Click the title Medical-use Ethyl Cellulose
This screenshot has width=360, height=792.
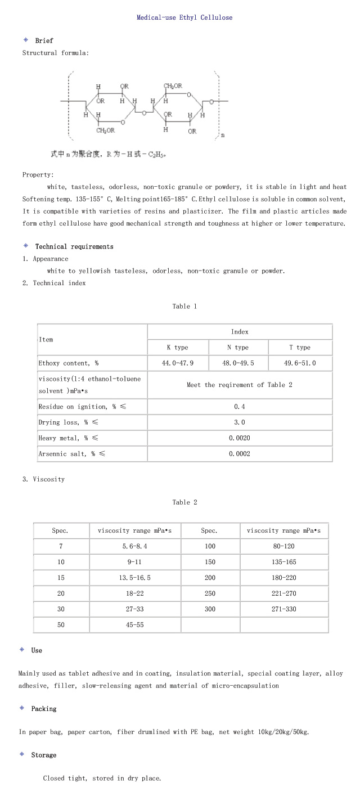click(x=184, y=17)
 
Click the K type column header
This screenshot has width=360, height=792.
click(x=177, y=348)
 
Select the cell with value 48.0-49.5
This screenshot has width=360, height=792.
click(x=238, y=363)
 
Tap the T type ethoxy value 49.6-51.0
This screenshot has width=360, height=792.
click(x=300, y=363)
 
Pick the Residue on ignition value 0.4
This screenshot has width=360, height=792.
click(x=239, y=407)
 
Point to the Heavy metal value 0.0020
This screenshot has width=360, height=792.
click(x=239, y=438)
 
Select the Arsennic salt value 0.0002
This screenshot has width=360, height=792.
click(x=239, y=454)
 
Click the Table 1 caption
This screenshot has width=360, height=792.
click(x=184, y=307)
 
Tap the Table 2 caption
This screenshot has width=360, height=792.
click(x=184, y=502)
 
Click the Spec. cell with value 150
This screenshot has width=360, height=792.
click(x=210, y=562)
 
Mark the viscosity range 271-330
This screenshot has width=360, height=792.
click(x=283, y=609)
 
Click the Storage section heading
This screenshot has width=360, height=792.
click(x=44, y=755)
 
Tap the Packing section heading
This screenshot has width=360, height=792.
click(x=44, y=709)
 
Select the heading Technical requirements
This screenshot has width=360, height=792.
click(x=74, y=246)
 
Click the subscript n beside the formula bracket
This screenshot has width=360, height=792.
click(x=223, y=135)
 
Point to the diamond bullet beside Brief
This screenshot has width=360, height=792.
click(x=25, y=40)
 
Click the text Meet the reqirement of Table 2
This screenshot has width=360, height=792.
click(x=239, y=385)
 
